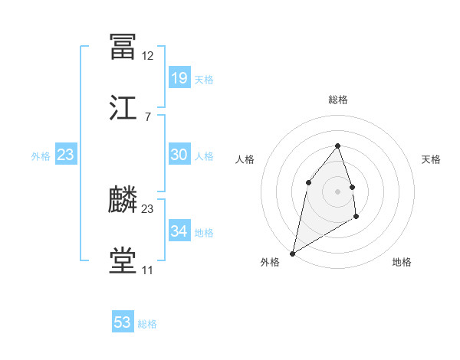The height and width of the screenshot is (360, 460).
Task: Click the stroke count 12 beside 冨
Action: click(x=147, y=56)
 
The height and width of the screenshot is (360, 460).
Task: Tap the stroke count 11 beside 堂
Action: click(x=147, y=270)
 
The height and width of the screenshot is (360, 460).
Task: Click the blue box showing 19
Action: click(x=179, y=77)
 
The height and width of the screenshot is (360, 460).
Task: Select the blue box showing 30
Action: click(x=179, y=155)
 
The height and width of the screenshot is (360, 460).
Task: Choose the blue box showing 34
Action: click(x=179, y=231)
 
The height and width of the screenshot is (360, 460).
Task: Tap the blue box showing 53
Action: click(x=123, y=322)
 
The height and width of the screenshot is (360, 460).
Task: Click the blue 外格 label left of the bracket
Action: click(x=41, y=155)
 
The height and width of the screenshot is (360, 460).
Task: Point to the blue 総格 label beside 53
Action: click(x=147, y=324)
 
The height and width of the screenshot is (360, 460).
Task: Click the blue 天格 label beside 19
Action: click(x=204, y=79)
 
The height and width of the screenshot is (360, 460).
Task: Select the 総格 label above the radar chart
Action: click(x=338, y=100)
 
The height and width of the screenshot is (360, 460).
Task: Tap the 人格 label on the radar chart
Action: click(x=245, y=159)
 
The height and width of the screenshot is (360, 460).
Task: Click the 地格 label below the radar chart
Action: click(x=402, y=262)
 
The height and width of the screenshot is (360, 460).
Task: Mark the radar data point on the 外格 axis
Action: click(x=292, y=253)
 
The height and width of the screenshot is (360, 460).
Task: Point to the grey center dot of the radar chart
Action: click(x=337, y=191)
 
